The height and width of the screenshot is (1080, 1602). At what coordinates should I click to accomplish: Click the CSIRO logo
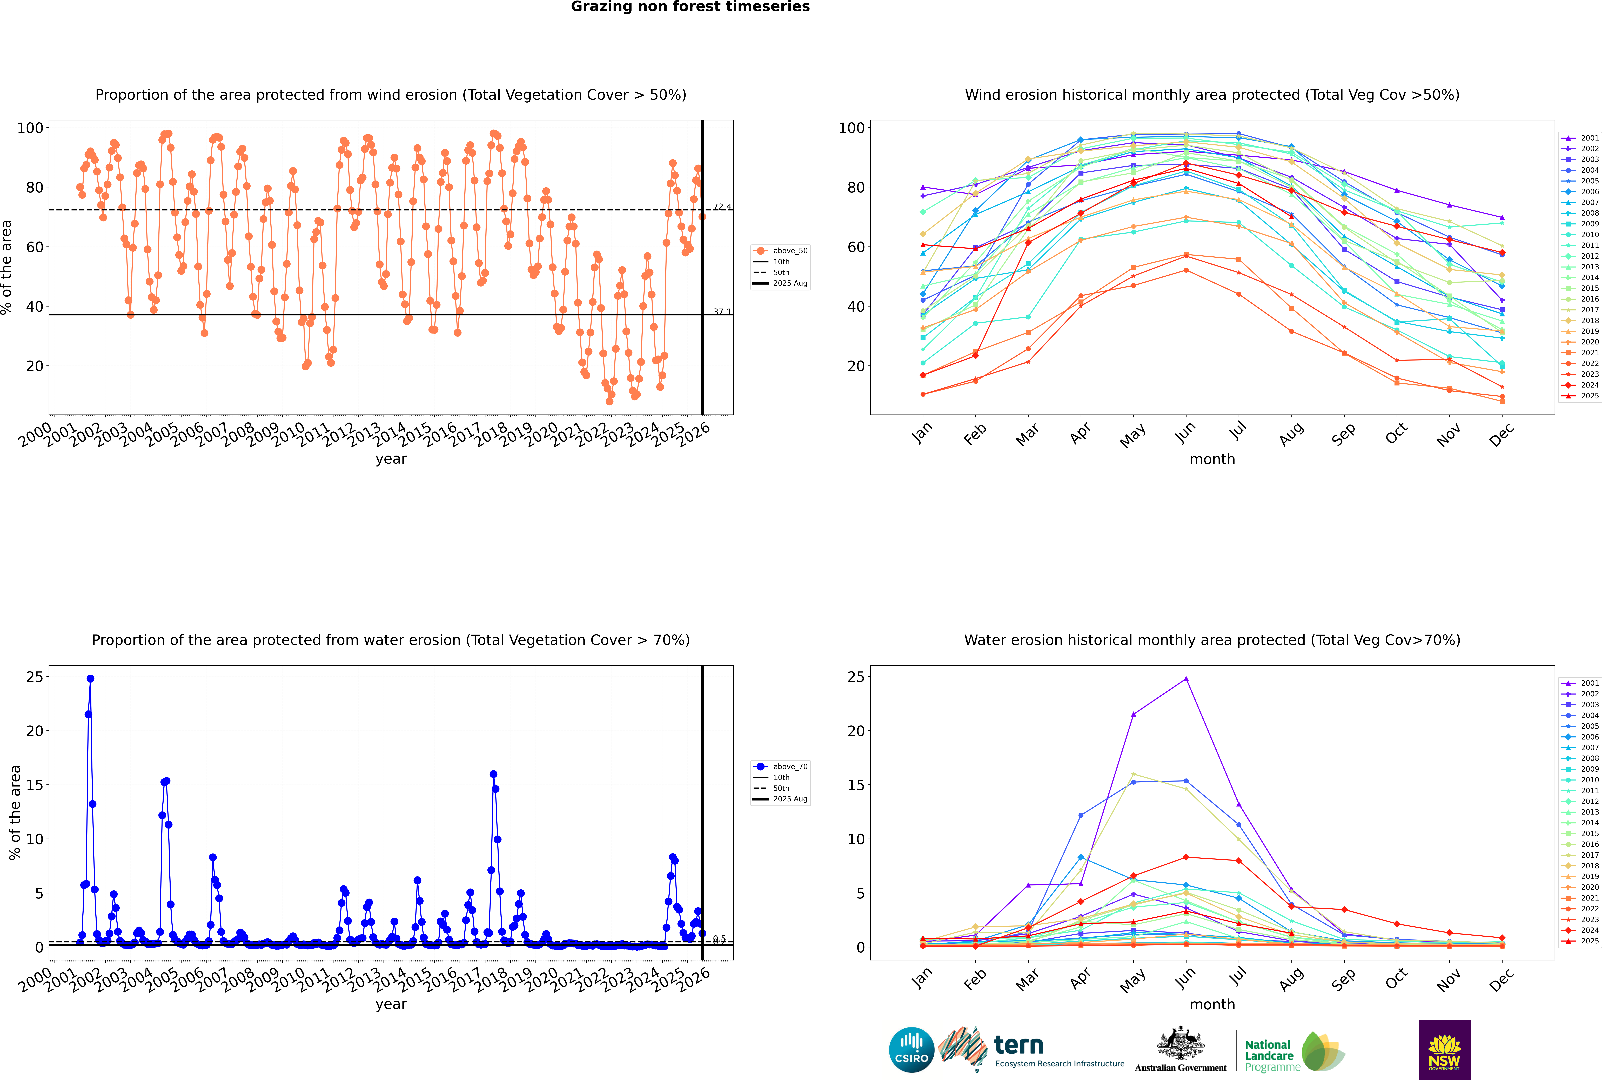coord(911,1050)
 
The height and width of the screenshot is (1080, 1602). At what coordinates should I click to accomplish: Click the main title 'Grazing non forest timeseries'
coord(690,7)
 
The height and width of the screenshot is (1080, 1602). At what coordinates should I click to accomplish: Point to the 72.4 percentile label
coord(722,207)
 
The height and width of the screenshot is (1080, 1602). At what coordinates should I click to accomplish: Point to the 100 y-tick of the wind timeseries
coord(30,128)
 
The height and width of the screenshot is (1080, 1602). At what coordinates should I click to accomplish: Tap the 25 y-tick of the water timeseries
coord(34,677)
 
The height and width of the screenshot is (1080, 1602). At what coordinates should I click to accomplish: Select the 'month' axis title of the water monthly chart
coord(1212,1004)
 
